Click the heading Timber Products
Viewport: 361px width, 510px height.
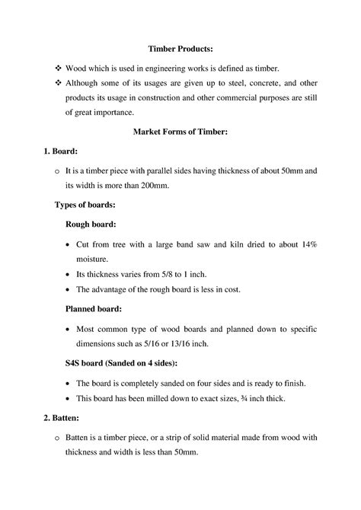(180, 49)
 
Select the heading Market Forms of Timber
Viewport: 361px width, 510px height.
(180, 132)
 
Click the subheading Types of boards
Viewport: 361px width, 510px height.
(85, 205)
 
